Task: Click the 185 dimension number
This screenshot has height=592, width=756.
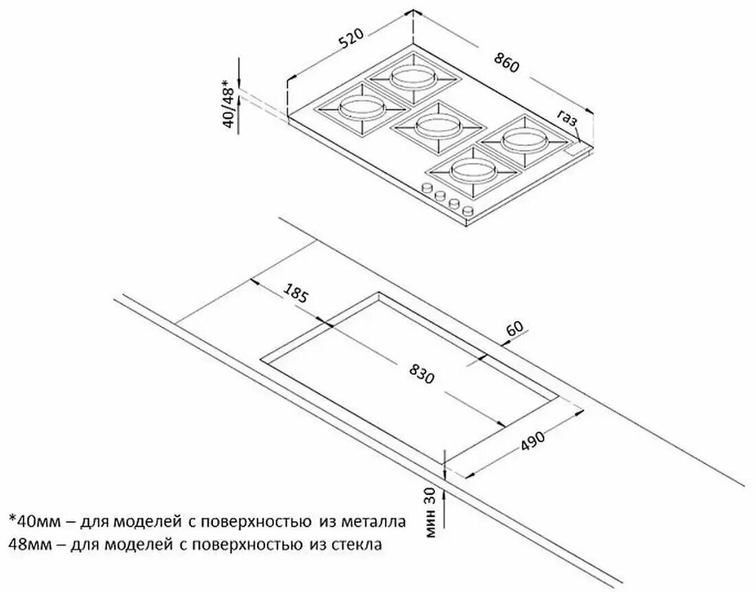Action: tap(294, 294)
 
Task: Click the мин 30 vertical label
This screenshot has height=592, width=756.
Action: tap(430, 512)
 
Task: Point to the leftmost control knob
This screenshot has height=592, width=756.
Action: tap(426, 188)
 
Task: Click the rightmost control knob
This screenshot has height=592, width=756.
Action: tap(467, 210)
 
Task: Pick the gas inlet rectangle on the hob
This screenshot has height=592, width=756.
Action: tap(577, 150)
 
